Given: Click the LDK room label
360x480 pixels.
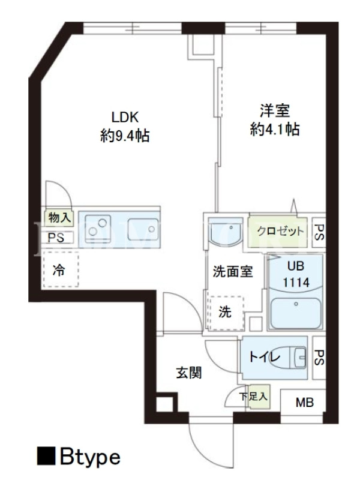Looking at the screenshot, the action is point(125,117).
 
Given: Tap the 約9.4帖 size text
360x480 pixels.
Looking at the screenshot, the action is point(125,136).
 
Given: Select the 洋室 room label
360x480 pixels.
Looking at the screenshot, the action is point(275,110).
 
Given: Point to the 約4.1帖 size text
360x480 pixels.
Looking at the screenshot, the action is point(275,129).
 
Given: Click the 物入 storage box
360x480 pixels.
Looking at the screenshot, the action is point(59,218).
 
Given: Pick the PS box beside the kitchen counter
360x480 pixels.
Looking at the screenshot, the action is point(58,238).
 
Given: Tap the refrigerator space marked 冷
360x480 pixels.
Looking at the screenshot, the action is point(61,269).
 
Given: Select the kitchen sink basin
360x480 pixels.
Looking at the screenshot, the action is point(143,229).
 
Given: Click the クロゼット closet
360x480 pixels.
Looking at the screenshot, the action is point(277,231).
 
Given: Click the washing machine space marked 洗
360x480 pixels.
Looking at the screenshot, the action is point(226,313).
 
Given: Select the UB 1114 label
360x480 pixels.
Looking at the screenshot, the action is point(296,274).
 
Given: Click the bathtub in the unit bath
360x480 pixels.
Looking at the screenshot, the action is point(296,313).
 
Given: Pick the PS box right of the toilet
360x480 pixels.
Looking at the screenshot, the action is point(319,358).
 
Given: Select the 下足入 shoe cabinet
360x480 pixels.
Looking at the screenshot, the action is point(258,397).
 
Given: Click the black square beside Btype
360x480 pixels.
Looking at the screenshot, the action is point(46,456).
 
